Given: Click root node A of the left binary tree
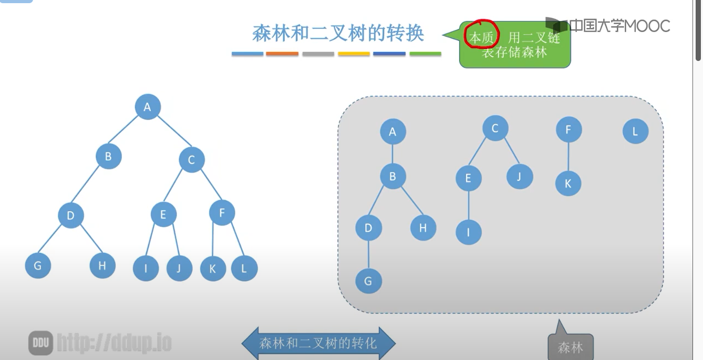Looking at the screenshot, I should click(148, 107).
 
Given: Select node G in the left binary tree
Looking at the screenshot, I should click(38, 265).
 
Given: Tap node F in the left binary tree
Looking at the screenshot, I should click(222, 213).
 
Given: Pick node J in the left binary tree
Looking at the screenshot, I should click(179, 268).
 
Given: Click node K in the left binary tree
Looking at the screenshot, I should click(213, 269).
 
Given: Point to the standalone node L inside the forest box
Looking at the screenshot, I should click(635, 131).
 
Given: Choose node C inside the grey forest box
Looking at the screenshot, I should click(495, 128).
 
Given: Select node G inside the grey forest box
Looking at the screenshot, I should click(368, 281).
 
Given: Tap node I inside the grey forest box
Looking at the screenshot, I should click(469, 232).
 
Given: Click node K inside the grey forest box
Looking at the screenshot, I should click(568, 183).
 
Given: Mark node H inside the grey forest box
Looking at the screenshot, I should click(423, 228).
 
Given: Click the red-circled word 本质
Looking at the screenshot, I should click(481, 38).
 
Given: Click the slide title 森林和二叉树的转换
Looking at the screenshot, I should click(338, 34).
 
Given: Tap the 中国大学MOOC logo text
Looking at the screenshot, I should click(619, 26).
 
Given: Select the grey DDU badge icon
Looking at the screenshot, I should click(40, 343).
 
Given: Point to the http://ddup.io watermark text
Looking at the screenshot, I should click(114, 343).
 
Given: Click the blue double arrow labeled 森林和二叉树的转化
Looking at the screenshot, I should click(318, 344).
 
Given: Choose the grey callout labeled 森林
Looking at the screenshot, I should click(571, 347).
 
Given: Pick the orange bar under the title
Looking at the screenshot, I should click(282, 54).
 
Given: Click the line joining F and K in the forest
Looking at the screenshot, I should click(568, 157).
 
